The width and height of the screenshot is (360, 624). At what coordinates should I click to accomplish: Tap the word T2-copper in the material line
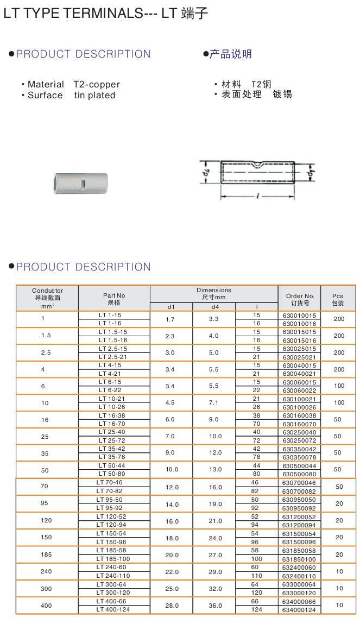pyautogui.click(x=97, y=84)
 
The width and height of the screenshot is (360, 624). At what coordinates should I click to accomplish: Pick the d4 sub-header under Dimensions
pyautogui.click(x=214, y=307)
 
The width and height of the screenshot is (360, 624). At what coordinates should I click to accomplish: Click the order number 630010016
pyautogui.click(x=299, y=323)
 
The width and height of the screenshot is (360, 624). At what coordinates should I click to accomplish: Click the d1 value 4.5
pyautogui.click(x=171, y=403)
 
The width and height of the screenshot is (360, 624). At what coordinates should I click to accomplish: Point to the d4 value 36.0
pyautogui.click(x=214, y=605)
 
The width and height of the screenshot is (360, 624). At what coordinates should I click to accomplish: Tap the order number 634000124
pyautogui.click(x=299, y=610)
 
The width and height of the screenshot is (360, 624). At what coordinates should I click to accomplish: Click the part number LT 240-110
pyautogui.click(x=114, y=576)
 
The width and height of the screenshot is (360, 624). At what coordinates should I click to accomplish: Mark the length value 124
pyautogui.click(x=256, y=610)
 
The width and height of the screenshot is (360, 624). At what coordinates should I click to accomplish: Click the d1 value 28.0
pyautogui.click(x=171, y=605)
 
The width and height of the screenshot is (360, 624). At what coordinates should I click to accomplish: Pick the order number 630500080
pyautogui.click(x=299, y=474)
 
